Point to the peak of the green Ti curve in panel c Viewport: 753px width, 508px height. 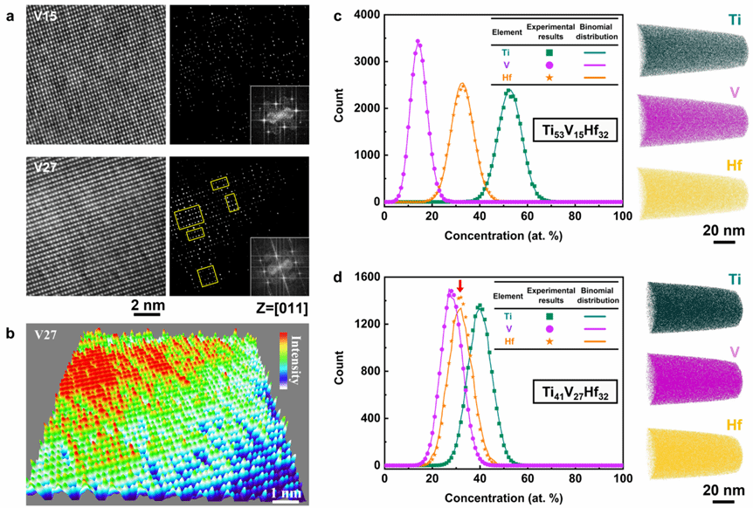point(509,90)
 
